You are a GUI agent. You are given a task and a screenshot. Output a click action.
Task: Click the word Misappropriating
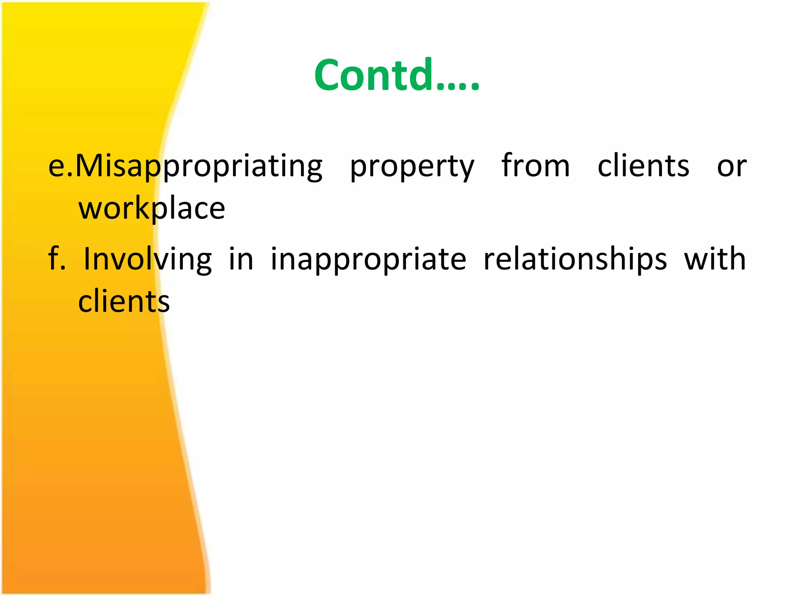point(199,166)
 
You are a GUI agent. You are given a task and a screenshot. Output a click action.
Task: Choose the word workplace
point(152,209)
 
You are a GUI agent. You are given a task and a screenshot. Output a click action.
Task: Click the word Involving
point(148,259)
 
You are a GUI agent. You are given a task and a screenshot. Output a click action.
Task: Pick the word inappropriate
point(368,260)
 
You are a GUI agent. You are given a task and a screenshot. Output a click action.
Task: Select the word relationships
point(575,259)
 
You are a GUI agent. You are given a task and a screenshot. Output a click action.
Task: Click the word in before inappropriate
point(241,259)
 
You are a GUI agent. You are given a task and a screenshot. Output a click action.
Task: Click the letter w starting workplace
point(92,210)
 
